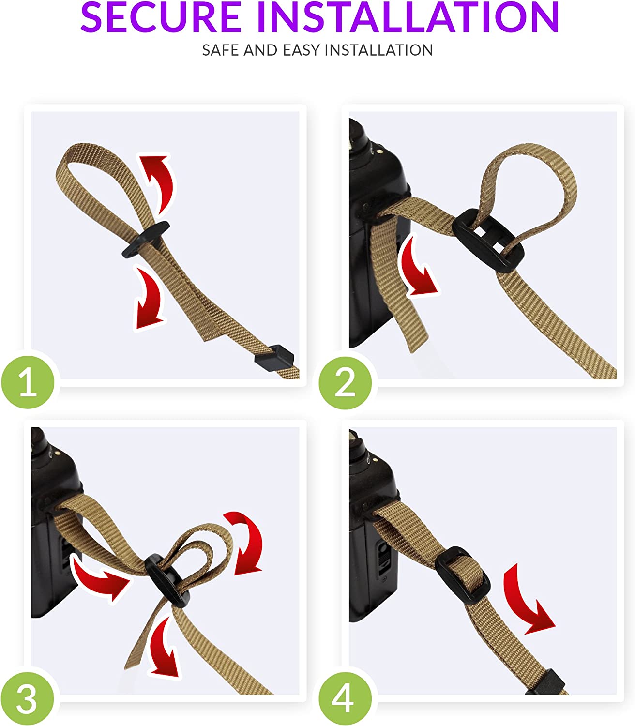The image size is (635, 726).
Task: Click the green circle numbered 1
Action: tap(28, 382)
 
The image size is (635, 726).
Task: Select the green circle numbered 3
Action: tap(27, 699)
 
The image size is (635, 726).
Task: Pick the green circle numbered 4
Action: tap(345, 699)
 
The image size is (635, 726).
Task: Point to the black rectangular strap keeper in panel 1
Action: tap(274, 358)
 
